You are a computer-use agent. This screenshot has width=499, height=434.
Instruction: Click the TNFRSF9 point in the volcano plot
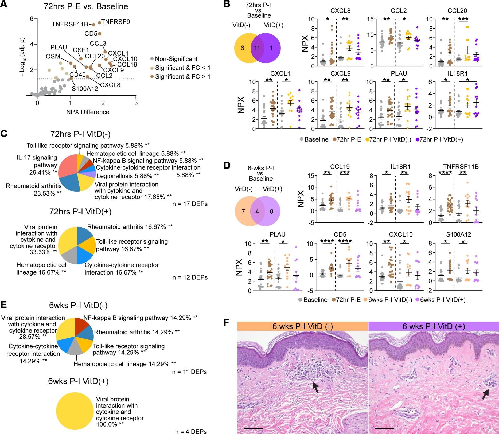click(99, 23)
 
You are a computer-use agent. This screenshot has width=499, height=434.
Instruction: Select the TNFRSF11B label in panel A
click(70, 25)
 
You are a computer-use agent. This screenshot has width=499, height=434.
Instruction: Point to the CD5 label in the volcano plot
click(91, 34)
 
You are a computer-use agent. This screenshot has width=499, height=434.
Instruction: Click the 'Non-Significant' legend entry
click(176, 59)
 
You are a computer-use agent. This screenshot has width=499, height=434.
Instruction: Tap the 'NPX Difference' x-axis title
click(88, 112)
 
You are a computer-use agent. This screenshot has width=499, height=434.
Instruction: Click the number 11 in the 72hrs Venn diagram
click(257, 48)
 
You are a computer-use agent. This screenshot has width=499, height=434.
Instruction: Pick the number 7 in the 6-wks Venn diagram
click(243, 212)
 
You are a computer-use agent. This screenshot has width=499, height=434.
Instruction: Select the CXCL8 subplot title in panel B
click(340, 11)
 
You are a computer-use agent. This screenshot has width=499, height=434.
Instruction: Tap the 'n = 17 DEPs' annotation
click(190, 204)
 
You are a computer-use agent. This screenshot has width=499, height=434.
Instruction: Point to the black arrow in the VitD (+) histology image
click(486, 394)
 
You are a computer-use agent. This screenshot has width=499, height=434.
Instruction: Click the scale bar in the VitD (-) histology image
click(253, 428)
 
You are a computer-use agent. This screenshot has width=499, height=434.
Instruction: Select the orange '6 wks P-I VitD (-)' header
click(302, 326)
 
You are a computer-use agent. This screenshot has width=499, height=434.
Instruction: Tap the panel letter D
click(227, 166)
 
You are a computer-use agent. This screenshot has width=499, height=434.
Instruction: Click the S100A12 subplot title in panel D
click(458, 234)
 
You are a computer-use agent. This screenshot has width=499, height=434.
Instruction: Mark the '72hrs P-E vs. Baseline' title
click(86, 6)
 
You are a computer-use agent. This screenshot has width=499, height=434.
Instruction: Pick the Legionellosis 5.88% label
click(128, 176)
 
